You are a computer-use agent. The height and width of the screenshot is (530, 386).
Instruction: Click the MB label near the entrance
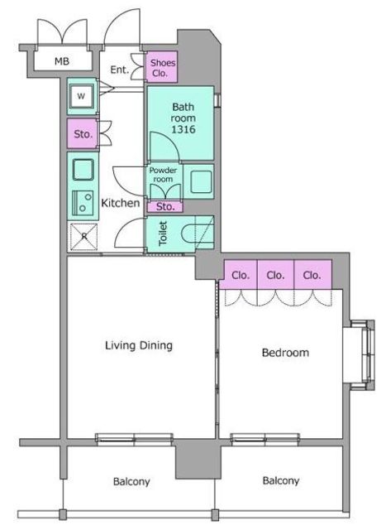coord(62,61)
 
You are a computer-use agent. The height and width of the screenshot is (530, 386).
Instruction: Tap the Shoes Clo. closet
coord(162,67)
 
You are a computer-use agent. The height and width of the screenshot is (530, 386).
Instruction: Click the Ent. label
coord(120,70)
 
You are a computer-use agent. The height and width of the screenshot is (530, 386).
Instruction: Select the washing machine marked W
coord(81,96)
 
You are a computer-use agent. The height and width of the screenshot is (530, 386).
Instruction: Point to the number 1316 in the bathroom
coord(183,129)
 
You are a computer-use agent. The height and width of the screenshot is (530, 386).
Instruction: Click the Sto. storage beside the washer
coord(83,133)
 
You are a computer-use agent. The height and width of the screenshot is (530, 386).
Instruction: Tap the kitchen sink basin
coord(83,170)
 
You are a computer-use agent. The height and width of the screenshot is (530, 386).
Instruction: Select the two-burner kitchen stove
coord(83,202)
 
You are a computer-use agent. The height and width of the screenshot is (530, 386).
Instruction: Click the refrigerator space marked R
coord(83,237)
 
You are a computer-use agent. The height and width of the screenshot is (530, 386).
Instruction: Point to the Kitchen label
coord(121,203)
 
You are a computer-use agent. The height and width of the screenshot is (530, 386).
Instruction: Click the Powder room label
coord(164,175)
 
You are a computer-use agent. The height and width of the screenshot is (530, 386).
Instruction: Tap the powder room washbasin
coord(201,182)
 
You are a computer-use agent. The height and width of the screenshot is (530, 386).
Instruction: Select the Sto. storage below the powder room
coord(165,206)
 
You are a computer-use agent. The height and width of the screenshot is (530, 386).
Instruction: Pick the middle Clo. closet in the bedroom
coord(276,275)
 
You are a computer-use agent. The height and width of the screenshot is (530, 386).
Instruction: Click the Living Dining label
coord(139,345)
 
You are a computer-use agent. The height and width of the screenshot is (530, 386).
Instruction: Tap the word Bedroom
coord(285,353)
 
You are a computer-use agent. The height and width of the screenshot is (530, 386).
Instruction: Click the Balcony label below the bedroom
coord(281,480)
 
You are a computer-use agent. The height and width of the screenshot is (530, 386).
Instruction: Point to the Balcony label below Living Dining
coord(131,481)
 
